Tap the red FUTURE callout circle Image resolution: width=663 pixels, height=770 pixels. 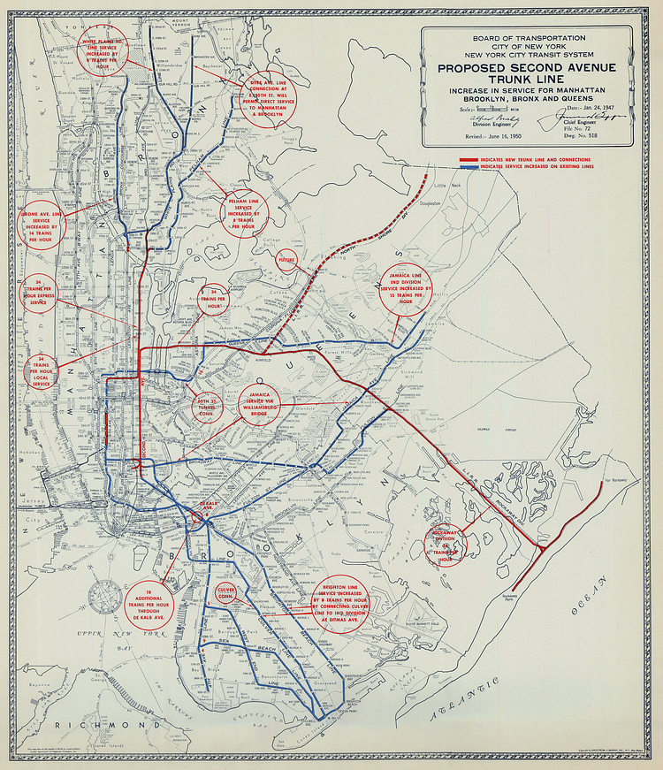click(286, 261)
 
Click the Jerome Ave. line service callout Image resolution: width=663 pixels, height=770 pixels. click(42, 224)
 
